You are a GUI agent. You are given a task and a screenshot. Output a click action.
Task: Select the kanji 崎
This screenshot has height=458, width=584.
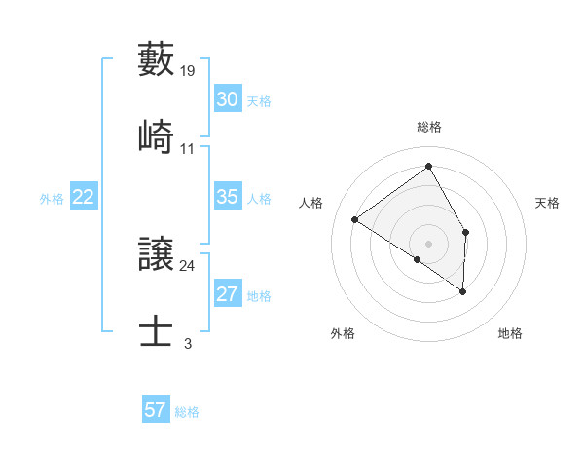[x=157, y=137]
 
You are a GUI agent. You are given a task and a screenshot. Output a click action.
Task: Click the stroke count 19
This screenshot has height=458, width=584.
[x=188, y=71]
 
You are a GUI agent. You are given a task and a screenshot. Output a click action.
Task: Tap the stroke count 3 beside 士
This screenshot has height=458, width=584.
[x=188, y=343]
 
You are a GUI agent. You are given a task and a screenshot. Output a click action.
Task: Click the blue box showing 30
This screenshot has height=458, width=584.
[x=227, y=99]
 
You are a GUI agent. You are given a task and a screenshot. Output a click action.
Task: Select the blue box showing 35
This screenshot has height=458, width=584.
[x=227, y=197]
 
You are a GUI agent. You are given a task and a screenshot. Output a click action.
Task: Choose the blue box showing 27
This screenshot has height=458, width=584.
[x=227, y=294]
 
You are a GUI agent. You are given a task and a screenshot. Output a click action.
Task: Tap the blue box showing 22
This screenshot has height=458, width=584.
[x=84, y=197]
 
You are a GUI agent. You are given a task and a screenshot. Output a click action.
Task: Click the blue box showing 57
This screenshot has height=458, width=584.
[x=155, y=410]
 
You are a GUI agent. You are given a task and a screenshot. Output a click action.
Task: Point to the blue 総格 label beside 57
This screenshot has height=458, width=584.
[x=187, y=412]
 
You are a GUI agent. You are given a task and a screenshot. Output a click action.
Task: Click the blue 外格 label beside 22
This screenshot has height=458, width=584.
[x=52, y=199]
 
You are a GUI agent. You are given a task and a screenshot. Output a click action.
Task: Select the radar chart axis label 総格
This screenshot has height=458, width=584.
[x=429, y=127]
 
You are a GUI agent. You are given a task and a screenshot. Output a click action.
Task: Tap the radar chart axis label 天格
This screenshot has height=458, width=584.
[x=548, y=203]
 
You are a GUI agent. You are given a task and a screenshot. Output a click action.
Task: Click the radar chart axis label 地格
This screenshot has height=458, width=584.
[x=510, y=333]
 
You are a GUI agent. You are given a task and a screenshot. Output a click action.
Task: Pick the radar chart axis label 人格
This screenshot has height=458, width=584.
[x=311, y=203]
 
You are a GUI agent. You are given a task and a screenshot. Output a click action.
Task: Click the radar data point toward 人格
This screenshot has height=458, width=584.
[x=355, y=219]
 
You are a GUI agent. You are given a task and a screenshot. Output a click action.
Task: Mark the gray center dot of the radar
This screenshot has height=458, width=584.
[x=429, y=242]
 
